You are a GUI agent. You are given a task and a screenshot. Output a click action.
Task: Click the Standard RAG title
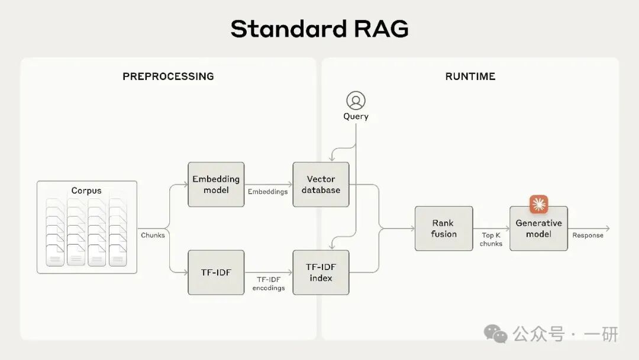(319, 28)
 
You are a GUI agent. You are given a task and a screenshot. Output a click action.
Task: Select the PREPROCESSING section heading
(168, 76)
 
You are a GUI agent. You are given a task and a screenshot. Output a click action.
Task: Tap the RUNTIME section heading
(470, 76)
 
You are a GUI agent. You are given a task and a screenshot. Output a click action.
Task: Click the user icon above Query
(356, 101)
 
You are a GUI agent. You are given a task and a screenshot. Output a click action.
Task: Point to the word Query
(356, 117)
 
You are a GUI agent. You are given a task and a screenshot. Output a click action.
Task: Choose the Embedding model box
(216, 184)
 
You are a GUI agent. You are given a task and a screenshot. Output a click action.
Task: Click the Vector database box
(321, 184)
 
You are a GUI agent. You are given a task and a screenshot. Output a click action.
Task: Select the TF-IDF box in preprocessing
(216, 272)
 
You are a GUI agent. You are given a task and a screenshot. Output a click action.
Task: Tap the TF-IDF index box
(321, 272)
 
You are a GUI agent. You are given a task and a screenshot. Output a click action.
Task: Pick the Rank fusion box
(443, 229)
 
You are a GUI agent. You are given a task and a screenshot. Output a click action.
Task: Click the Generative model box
(538, 229)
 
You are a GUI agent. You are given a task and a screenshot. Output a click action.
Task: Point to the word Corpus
(86, 191)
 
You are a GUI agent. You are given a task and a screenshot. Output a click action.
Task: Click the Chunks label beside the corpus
(153, 235)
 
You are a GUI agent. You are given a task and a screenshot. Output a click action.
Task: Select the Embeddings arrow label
(267, 191)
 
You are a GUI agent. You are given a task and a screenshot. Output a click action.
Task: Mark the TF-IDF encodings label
(268, 284)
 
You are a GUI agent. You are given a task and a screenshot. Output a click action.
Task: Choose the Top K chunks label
(491, 239)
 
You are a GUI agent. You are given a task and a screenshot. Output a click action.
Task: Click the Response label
(588, 235)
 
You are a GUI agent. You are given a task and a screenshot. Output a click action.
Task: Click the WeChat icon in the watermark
(496, 333)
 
